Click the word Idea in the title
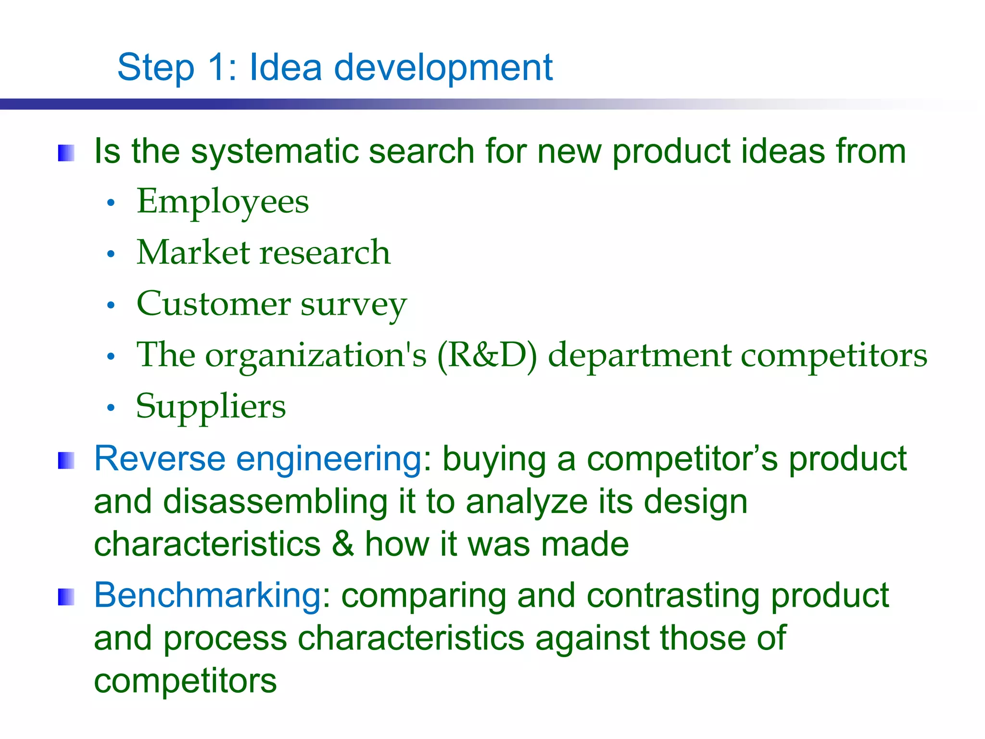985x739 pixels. coord(285,67)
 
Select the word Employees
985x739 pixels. coord(223,202)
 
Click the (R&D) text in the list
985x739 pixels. coord(487,356)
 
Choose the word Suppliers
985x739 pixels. coord(211,407)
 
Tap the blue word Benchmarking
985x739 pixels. coord(207,596)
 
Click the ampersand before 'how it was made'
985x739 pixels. coord(343,544)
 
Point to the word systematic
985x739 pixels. coord(274,152)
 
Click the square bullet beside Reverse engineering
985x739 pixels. coord(66,460)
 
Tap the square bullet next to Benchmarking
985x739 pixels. coord(66,597)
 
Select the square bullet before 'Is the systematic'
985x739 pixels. coord(66,153)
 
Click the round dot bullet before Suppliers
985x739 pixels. coord(111,408)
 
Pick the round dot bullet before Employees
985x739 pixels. coord(111,204)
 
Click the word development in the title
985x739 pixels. coord(443,67)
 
